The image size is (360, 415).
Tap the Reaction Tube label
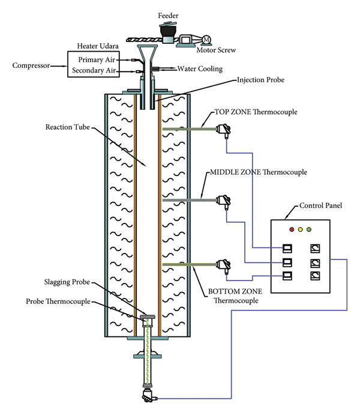coord(65,127)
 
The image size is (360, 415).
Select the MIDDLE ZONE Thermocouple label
coord(258,172)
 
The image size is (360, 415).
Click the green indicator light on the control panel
coord(309,229)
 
